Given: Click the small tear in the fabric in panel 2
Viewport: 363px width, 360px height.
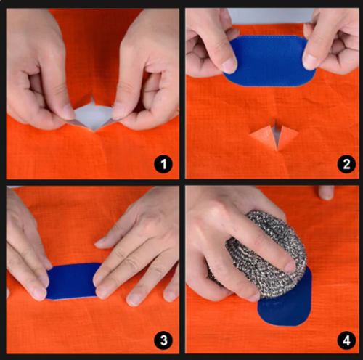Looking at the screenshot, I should tap(274, 135).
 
